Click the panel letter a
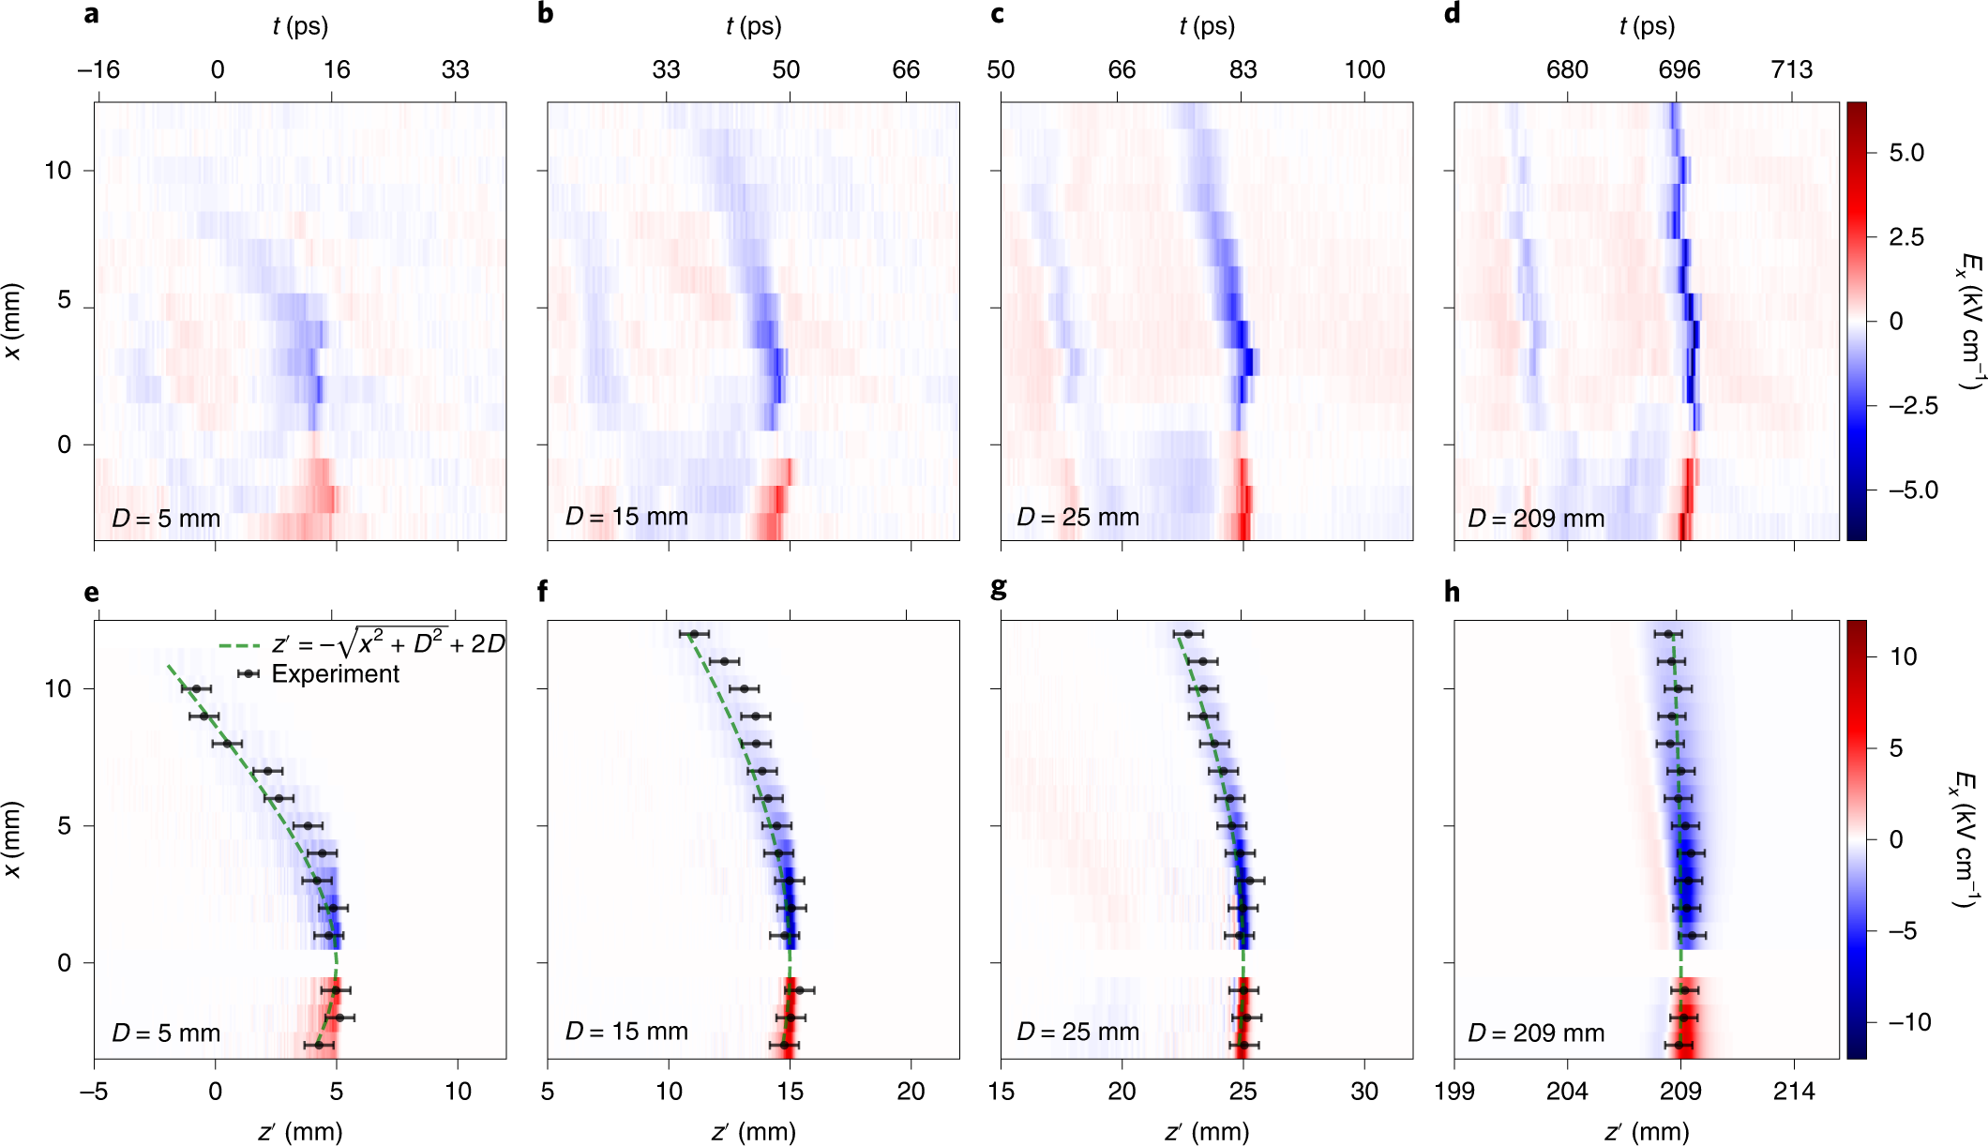91,14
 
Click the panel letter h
1453,592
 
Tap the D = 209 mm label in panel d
1536,518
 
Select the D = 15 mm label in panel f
626,1032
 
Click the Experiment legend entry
335,673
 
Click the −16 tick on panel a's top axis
98,69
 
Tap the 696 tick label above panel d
1679,69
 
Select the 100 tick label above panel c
1364,69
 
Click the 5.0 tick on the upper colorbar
1906,153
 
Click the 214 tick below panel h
1794,1091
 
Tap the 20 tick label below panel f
911,1091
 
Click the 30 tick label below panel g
1364,1091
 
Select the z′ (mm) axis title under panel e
300,1132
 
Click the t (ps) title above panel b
753,26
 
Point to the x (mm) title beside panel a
13,321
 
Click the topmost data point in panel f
694,634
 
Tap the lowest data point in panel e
319,1045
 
